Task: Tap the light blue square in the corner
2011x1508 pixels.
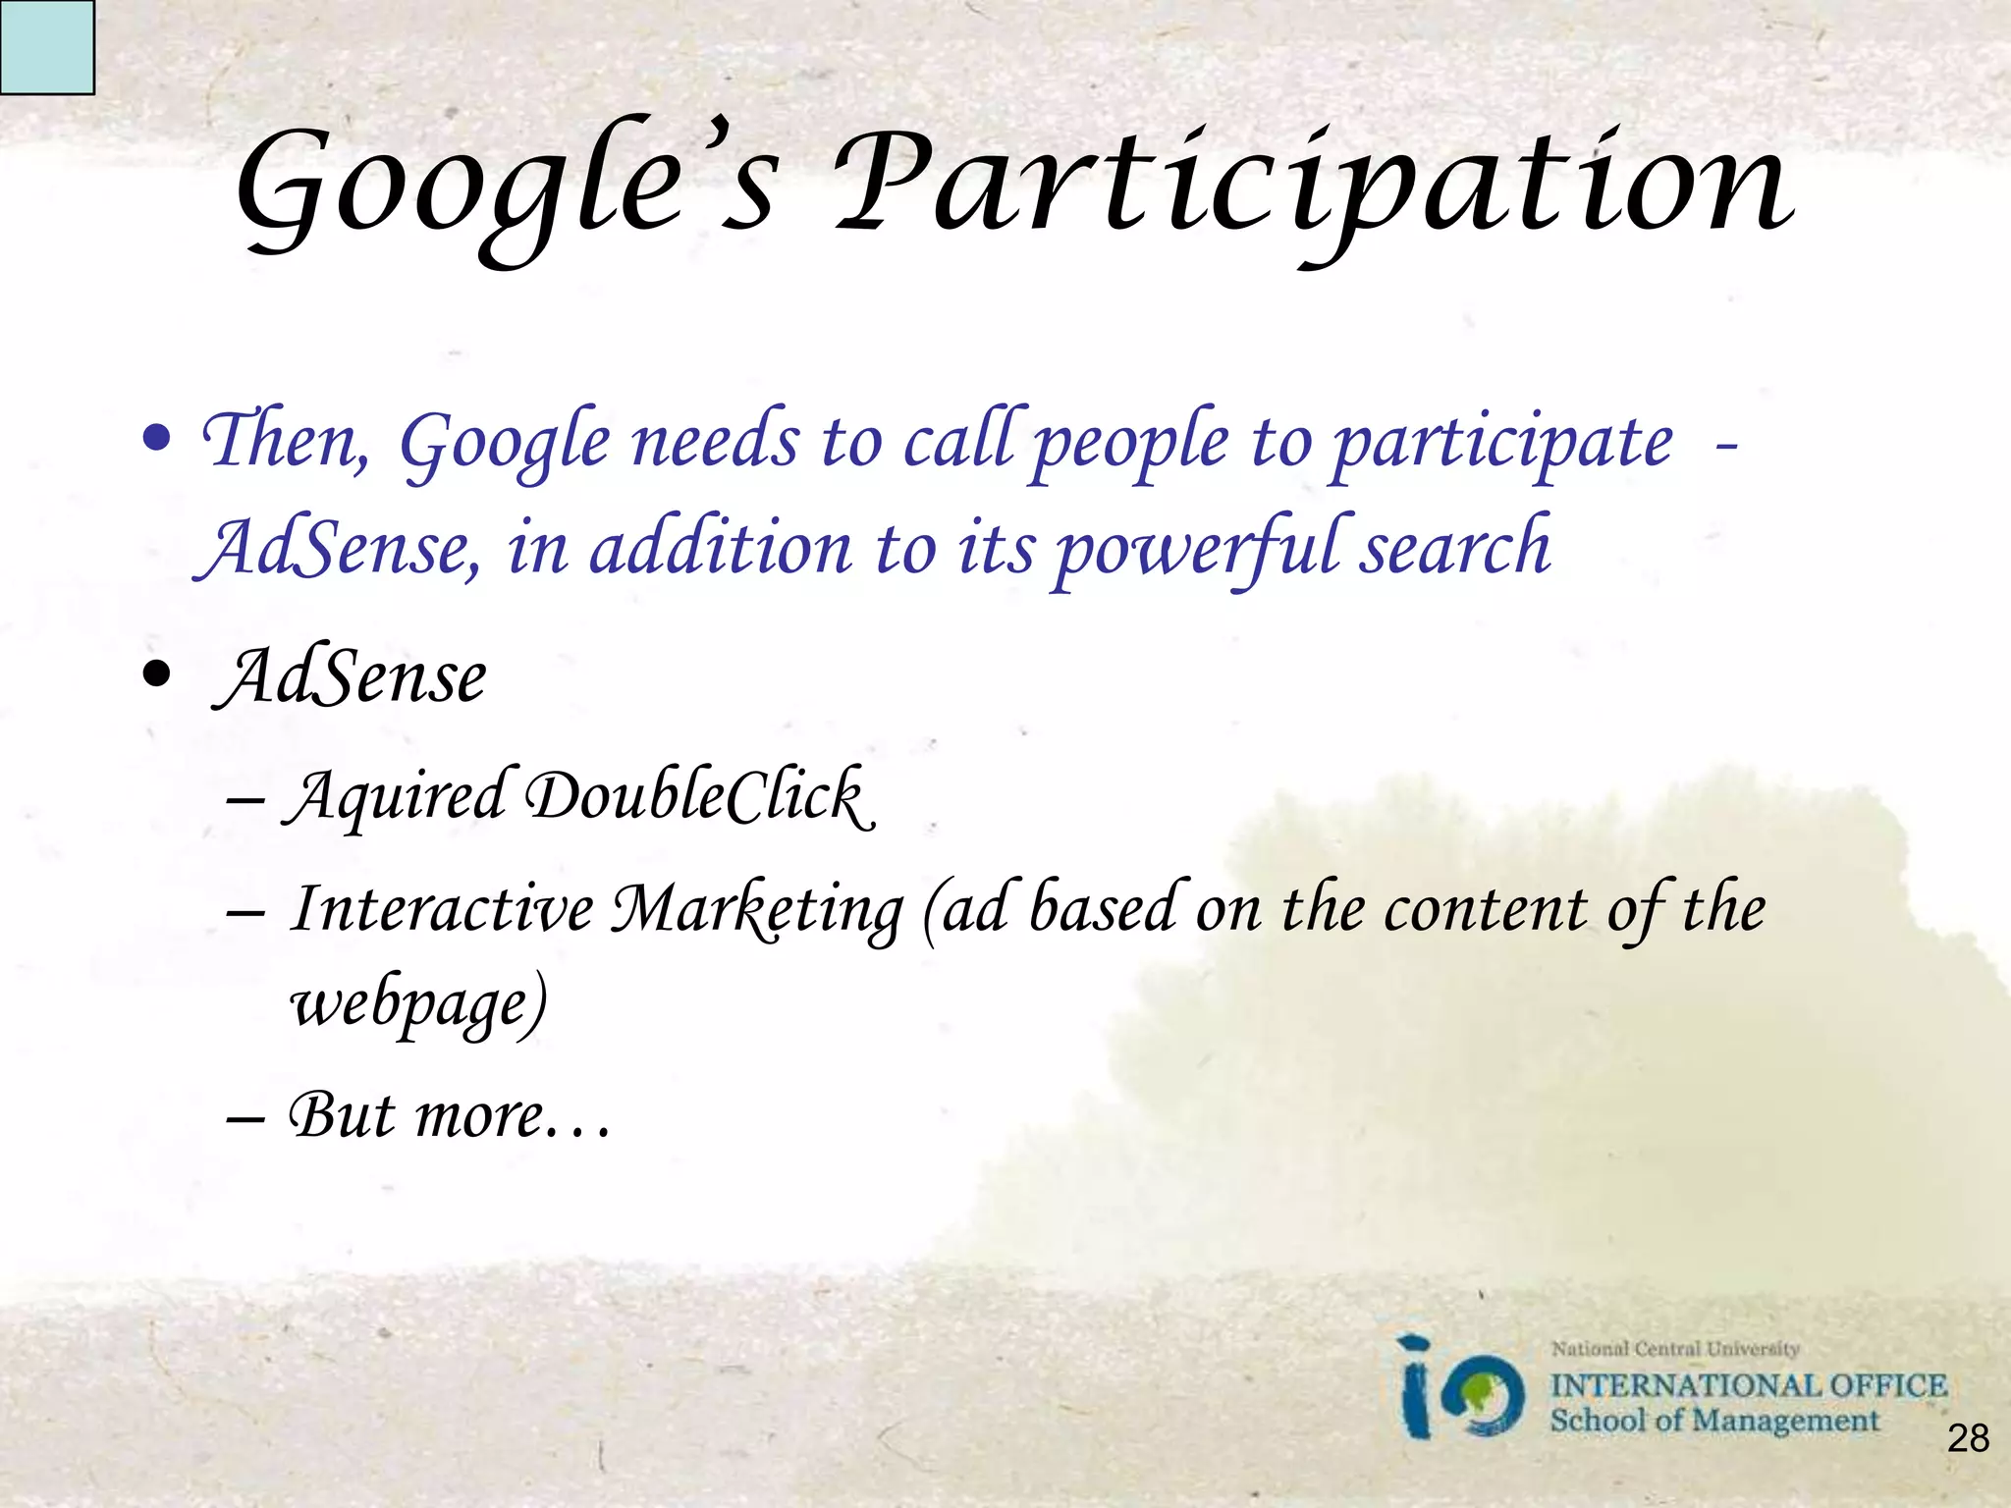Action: click(46, 46)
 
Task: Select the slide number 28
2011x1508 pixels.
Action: click(1968, 1438)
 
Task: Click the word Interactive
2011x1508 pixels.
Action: click(442, 907)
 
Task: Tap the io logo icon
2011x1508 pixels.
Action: click(1461, 1389)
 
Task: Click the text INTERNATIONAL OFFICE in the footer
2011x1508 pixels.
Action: click(1748, 1385)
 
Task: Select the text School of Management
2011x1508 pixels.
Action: click(1713, 1421)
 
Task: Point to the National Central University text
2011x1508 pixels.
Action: click(1674, 1349)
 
